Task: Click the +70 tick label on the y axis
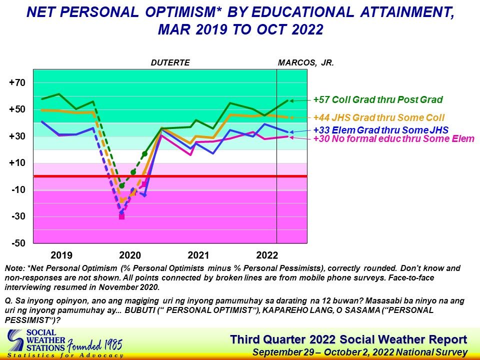click(x=17, y=82)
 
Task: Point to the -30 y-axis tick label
click(x=18, y=216)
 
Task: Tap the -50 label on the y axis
click(x=18, y=243)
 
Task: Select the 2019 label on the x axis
click(x=61, y=255)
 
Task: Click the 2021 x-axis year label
click(x=198, y=255)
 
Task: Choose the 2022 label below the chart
click(x=267, y=255)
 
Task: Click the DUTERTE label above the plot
click(x=170, y=63)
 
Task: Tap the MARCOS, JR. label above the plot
click(x=306, y=63)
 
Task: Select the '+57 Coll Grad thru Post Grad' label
click(x=378, y=99)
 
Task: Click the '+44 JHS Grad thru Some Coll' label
click(x=379, y=117)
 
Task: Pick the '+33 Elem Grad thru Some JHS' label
click(x=381, y=130)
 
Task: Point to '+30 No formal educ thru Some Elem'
click(x=394, y=138)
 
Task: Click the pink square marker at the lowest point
click(x=121, y=216)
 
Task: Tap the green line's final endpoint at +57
click(x=288, y=100)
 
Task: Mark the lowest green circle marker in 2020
click(x=122, y=185)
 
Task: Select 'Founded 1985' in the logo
click(x=94, y=345)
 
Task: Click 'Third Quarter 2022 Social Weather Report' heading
click(x=348, y=339)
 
